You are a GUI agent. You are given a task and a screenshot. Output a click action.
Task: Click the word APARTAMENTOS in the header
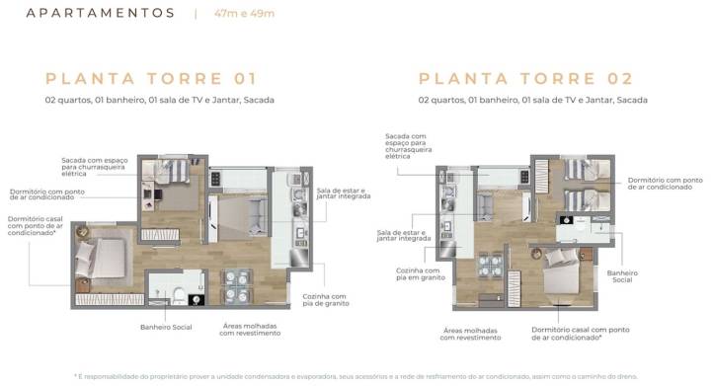100,14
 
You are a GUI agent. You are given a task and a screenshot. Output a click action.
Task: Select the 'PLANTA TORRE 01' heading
151,79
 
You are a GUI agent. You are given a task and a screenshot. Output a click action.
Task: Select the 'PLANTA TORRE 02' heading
524,79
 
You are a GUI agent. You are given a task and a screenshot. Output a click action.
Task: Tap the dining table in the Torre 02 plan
490,269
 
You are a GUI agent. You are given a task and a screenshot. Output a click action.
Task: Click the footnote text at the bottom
356,376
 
